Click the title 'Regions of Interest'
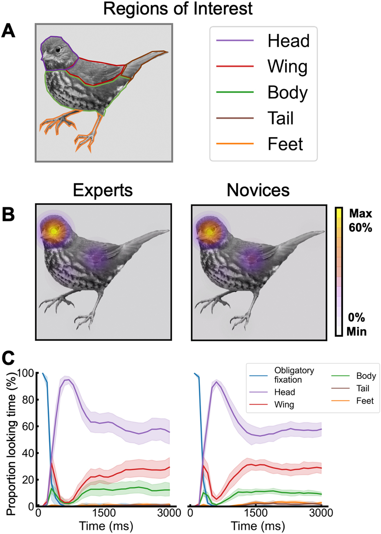(178, 9)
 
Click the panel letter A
(8, 31)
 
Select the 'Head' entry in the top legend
(288, 41)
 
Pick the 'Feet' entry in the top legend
(285, 144)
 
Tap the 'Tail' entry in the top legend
(280, 118)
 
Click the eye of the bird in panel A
(58, 50)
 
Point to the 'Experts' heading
(103, 190)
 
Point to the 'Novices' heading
(258, 190)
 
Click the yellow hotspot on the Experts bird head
(53, 231)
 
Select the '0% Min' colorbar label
(356, 325)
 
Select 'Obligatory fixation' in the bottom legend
(294, 375)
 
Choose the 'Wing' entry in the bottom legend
(284, 405)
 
